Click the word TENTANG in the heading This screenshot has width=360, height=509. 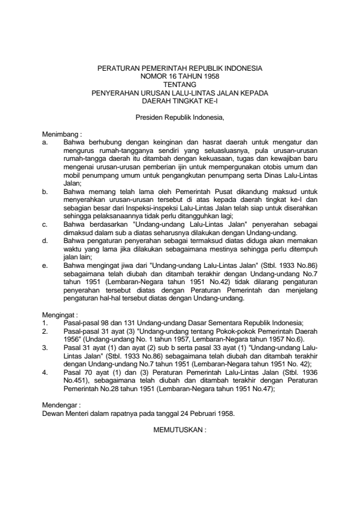[x=180, y=85]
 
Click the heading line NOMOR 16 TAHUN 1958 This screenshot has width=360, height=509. [x=180, y=77]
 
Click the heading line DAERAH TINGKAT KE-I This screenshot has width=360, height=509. [x=180, y=101]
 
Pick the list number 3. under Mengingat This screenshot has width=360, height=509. [x=45, y=349]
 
